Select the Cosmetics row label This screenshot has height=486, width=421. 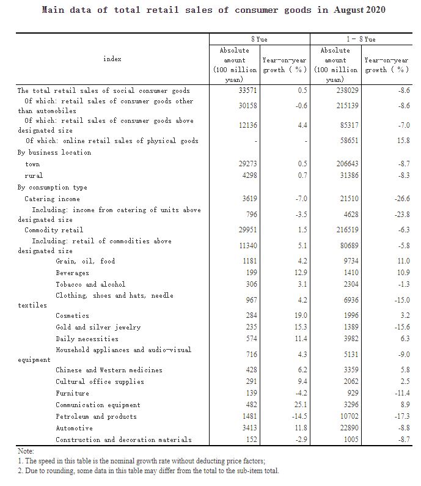click(x=72, y=315)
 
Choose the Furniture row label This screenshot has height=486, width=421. click(x=72, y=393)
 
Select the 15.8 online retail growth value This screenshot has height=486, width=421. click(x=401, y=141)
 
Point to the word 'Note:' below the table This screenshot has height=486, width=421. click(x=26, y=451)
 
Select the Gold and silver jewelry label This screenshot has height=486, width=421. click(x=98, y=327)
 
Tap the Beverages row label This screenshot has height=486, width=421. click(x=72, y=273)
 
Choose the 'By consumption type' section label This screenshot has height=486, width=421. click(x=53, y=187)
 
